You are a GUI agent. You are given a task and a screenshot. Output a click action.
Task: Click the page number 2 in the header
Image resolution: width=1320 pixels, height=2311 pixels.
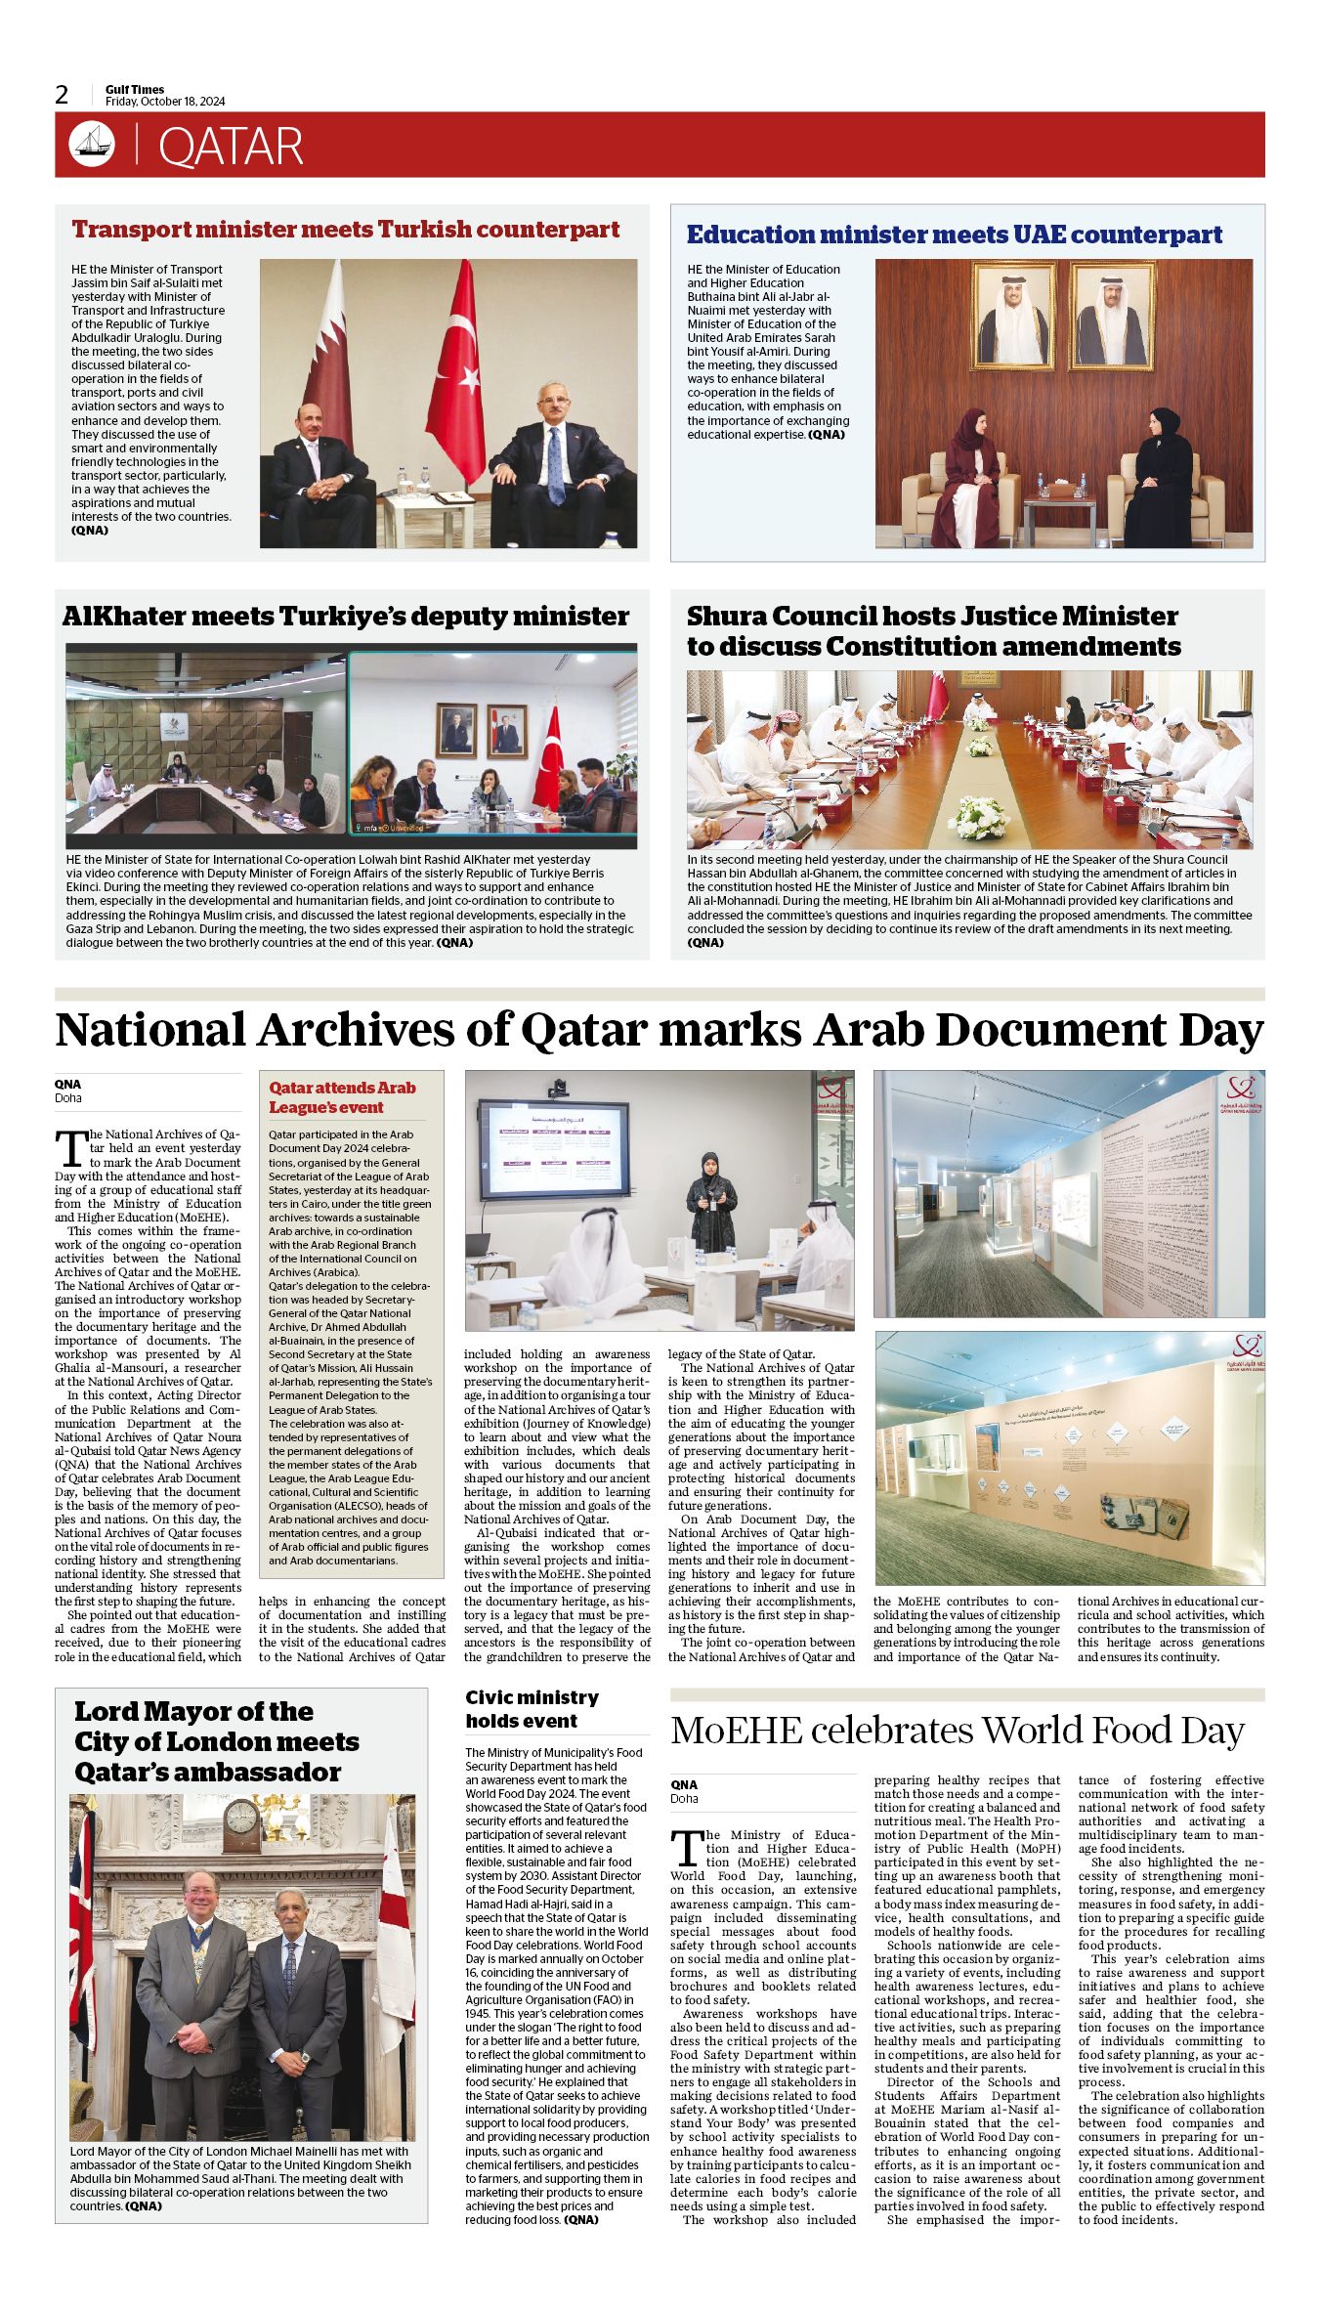click(x=63, y=95)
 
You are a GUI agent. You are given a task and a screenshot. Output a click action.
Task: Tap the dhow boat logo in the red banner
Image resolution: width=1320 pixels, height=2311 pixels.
click(x=92, y=145)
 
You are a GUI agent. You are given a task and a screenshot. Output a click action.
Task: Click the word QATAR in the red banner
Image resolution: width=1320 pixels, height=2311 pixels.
click(x=231, y=147)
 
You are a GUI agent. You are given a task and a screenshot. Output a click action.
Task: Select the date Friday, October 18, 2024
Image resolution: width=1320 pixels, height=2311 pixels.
click(x=165, y=102)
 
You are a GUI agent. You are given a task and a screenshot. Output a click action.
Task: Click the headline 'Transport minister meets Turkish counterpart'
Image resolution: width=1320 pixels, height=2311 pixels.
click(x=346, y=230)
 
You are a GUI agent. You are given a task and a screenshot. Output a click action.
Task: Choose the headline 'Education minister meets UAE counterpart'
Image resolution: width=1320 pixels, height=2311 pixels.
click(x=954, y=235)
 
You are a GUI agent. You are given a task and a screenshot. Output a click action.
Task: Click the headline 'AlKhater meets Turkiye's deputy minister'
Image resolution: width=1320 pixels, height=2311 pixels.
click(x=346, y=617)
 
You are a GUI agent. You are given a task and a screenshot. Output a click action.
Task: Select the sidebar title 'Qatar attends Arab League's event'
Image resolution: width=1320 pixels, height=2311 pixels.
click(x=343, y=1097)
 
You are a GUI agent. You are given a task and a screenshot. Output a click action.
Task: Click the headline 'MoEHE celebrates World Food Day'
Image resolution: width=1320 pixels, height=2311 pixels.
click(x=957, y=1731)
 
